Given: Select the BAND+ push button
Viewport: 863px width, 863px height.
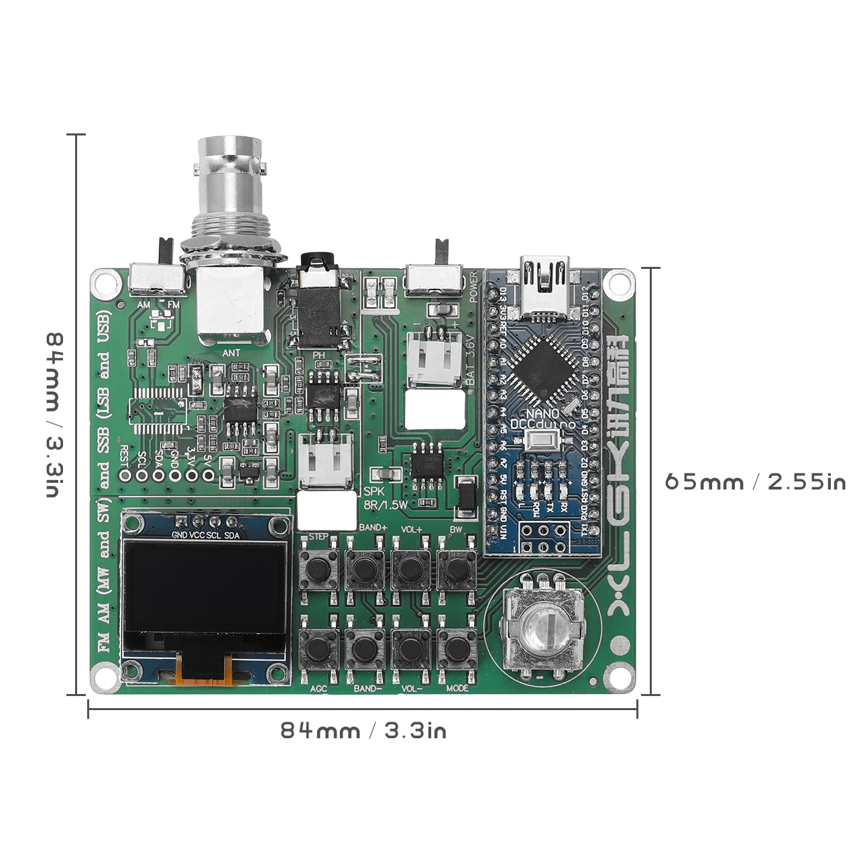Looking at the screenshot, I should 365,569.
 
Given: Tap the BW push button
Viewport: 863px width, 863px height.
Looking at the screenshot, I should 457,569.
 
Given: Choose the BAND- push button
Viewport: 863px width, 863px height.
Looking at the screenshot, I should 365,647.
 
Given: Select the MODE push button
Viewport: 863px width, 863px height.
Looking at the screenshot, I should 457,647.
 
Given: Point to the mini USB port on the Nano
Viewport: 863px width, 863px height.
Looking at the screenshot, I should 544,285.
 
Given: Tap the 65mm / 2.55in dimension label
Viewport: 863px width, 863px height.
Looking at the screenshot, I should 754,482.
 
